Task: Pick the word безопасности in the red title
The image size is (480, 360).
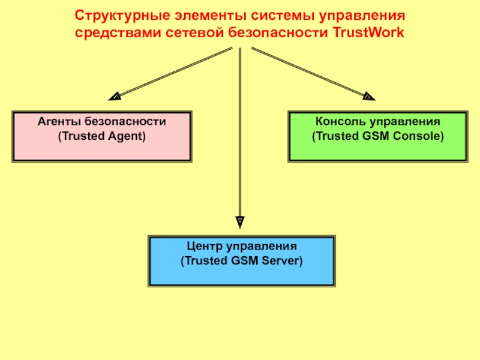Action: [x=280, y=32]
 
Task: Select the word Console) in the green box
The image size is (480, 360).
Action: [x=419, y=136]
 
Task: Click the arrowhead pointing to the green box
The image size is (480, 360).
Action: [x=368, y=95]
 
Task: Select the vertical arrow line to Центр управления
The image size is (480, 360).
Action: [x=240, y=132]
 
